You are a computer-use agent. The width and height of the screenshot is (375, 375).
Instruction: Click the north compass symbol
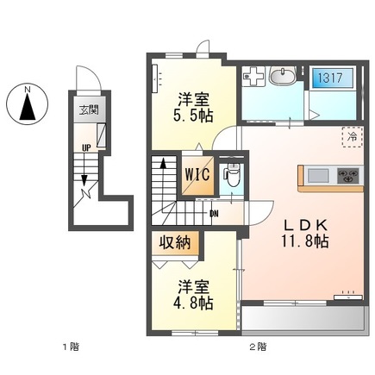(x=26, y=104)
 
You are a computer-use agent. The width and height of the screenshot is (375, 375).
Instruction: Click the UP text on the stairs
(x=84, y=147)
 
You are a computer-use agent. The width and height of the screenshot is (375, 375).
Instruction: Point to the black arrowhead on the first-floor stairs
(x=84, y=179)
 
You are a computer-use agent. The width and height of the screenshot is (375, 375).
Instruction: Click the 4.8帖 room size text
(x=193, y=303)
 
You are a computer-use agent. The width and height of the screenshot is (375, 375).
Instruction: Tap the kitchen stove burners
(x=347, y=176)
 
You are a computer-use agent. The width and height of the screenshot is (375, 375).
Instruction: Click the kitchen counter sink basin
(x=317, y=176)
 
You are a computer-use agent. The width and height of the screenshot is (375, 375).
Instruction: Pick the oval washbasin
(x=281, y=80)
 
